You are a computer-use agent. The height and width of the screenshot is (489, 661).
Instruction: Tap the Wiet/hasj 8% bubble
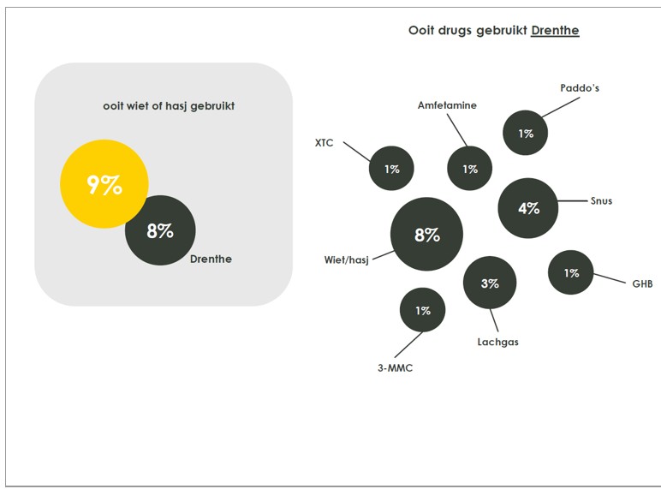[x=426, y=234]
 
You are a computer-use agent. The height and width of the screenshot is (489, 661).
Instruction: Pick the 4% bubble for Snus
[x=528, y=207]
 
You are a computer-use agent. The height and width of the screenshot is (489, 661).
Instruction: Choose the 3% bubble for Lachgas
[x=490, y=283]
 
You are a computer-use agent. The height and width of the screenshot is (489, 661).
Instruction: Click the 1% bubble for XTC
[x=391, y=169]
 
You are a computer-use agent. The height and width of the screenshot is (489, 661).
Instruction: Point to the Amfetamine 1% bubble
[x=470, y=169]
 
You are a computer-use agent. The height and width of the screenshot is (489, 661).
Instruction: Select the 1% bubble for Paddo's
[x=526, y=133]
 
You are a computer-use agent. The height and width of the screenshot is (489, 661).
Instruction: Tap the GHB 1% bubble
[x=571, y=272]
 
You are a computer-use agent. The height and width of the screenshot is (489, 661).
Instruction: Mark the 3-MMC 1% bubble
[x=423, y=310]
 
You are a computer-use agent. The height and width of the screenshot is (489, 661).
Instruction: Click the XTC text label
[x=325, y=142]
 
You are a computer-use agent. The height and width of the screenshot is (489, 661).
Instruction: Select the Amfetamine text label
[x=447, y=105]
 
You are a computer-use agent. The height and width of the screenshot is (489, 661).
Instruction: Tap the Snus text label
[x=601, y=200]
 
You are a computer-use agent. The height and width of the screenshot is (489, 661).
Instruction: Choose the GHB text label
[x=642, y=283]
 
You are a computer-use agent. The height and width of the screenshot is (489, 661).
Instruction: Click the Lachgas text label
[x=497, y=342]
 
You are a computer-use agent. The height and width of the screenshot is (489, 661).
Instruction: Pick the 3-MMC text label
[x=396, y=368]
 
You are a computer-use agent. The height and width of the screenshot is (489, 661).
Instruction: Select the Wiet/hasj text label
[x=346, y=259]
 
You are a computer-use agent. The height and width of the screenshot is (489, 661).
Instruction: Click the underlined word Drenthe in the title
[x=555, y=31]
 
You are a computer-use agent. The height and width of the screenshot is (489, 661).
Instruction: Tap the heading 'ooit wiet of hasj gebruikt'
[x=169, y=106]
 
